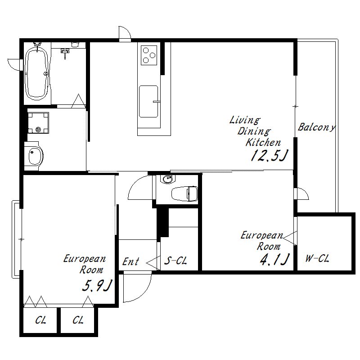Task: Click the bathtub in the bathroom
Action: click(37, 73)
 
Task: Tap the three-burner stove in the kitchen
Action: click(149, 55)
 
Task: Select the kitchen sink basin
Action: click(148, 102)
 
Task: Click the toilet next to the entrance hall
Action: click(184, 193)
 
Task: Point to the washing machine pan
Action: click(38, 123)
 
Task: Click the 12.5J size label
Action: click(269, 155)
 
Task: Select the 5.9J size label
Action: click(97, 285)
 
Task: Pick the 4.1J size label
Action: click(274, 259)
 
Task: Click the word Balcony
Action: click(317, 127)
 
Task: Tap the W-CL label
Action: click(317, 258)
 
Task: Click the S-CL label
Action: click(176, 261)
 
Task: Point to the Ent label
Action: click(130, 261)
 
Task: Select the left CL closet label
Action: click(40, 320)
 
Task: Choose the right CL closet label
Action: click(78, 320)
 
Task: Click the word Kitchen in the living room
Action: click(263, 142)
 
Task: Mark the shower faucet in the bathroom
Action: click(65, 52)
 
